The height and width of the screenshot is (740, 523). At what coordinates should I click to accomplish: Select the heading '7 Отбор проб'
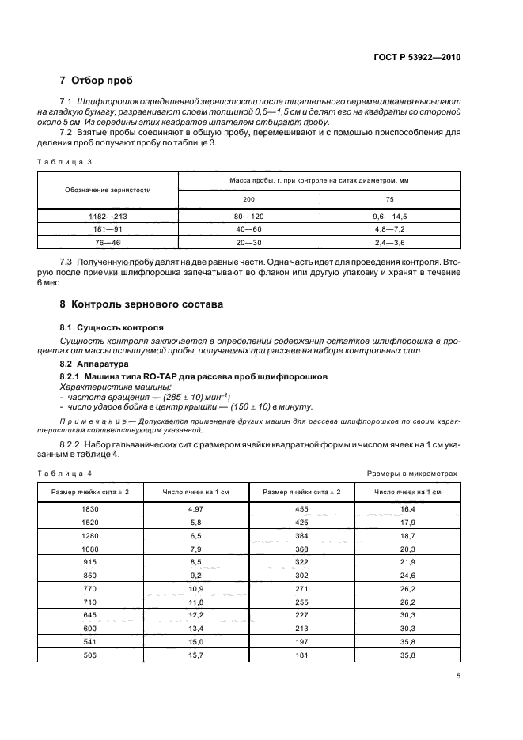tap(97, 81)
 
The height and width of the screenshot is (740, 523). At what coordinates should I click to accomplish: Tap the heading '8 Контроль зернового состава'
tap(142, 304)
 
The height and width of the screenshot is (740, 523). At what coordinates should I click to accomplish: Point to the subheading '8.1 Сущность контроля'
tap(112, 327)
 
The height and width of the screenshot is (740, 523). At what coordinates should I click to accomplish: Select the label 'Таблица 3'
tap(65, 161)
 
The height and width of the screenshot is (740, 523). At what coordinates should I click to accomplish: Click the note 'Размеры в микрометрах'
tap(411, 473)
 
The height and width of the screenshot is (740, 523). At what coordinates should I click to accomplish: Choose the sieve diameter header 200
tap(248, 199)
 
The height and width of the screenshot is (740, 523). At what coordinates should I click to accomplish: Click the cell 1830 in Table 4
tap(89, 509)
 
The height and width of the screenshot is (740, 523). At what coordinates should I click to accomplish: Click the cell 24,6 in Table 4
tap(407, 576)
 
